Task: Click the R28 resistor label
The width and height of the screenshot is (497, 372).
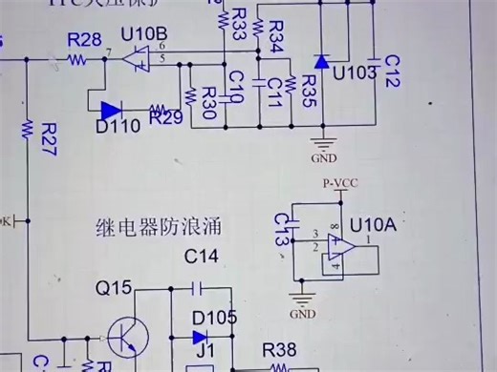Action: (x=85, y=39)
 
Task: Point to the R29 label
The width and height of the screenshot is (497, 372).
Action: (x=166, y=118)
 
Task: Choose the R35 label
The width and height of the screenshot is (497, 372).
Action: (x=308, y=88)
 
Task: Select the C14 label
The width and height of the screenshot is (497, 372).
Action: (x=201, y=256)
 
